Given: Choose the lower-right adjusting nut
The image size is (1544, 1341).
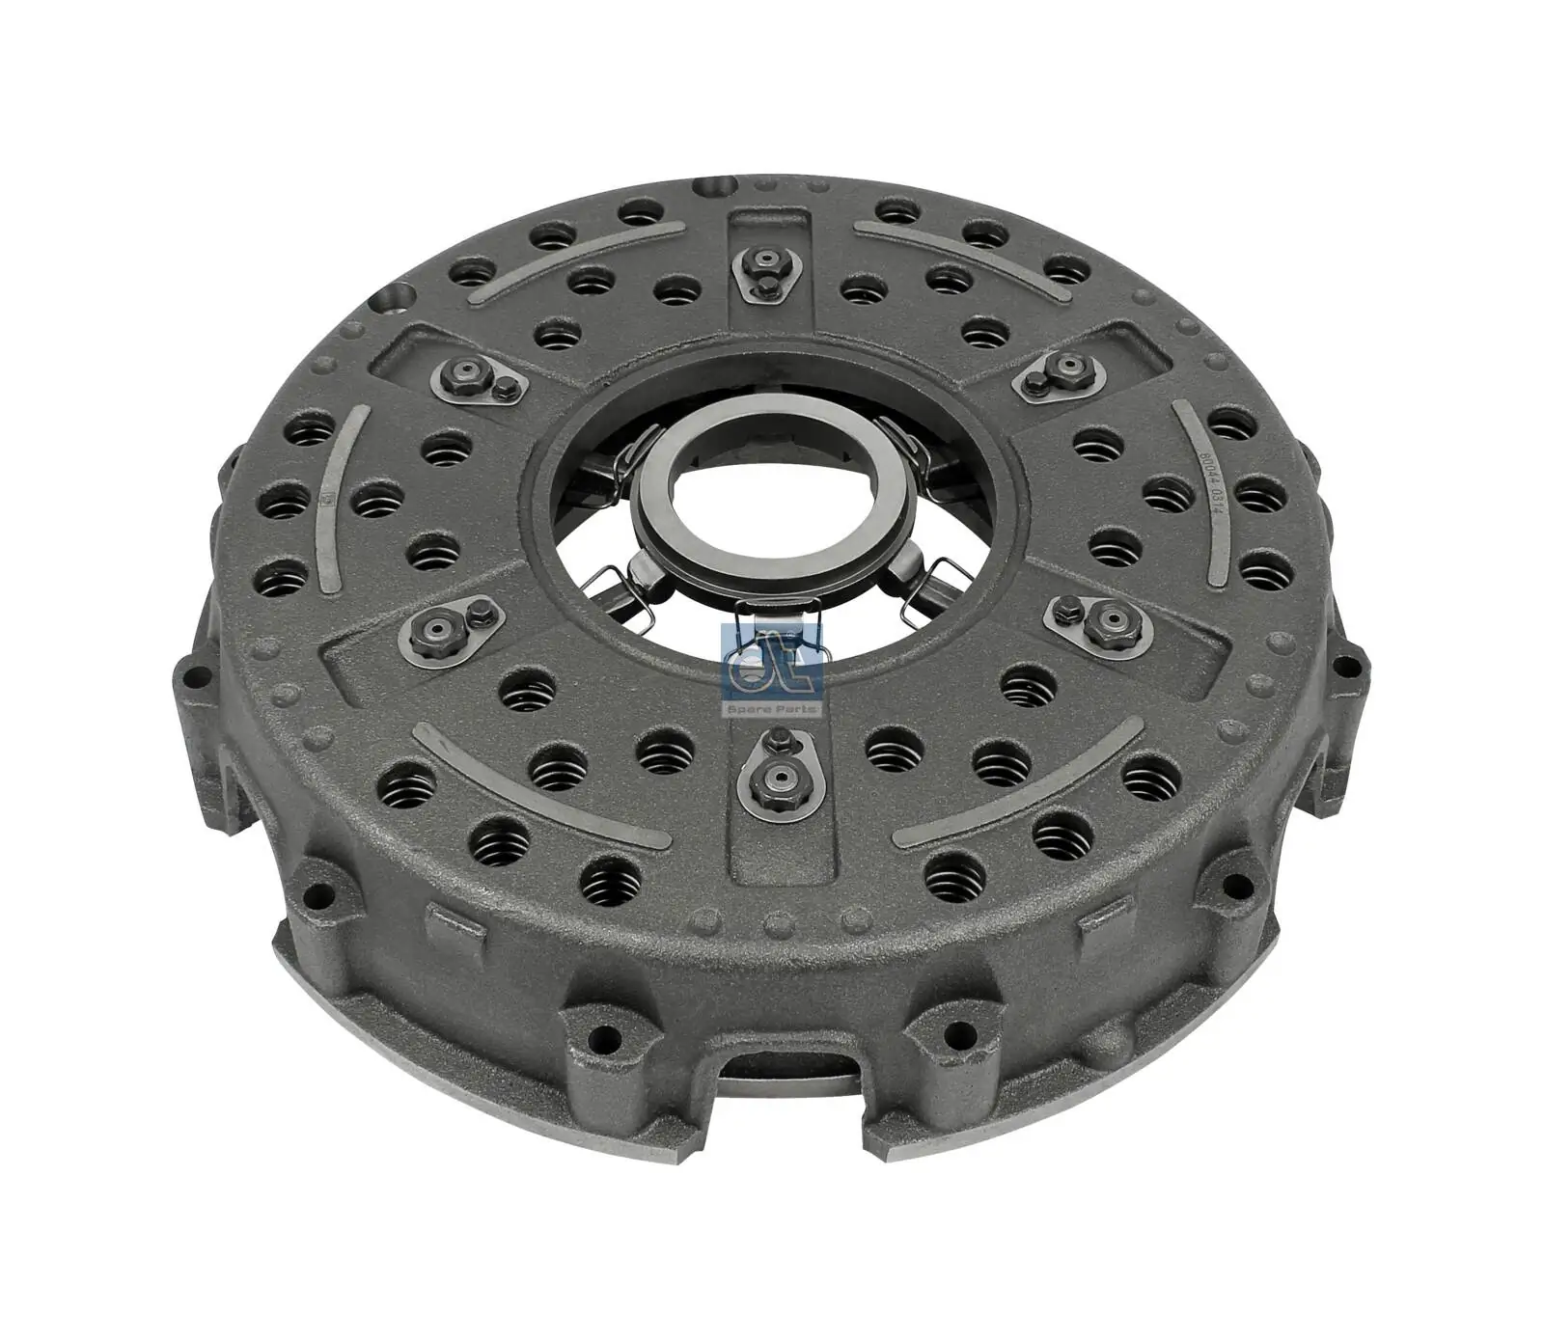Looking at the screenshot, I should (x=1103, y=623).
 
